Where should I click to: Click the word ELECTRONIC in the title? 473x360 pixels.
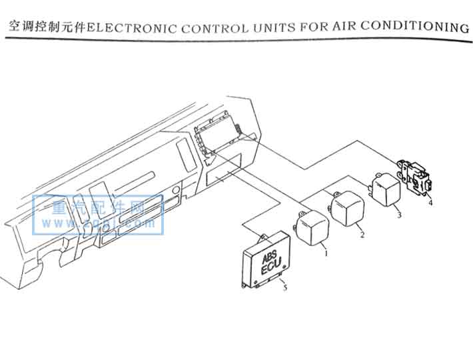[x=127, y=28]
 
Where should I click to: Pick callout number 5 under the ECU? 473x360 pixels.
[x=284, y=287]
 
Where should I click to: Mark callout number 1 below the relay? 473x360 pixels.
[x=326, y=254]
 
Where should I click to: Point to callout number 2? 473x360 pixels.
[x=362, y=235]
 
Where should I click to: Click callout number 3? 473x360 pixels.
[x=398, y=215]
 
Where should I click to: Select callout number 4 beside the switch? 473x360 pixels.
[x=430, y=202]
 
